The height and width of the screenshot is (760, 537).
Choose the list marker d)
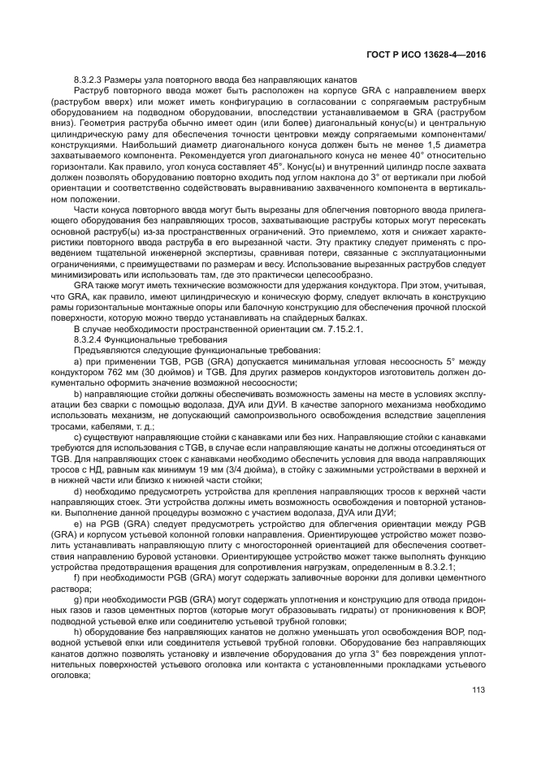tap(78, 490)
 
